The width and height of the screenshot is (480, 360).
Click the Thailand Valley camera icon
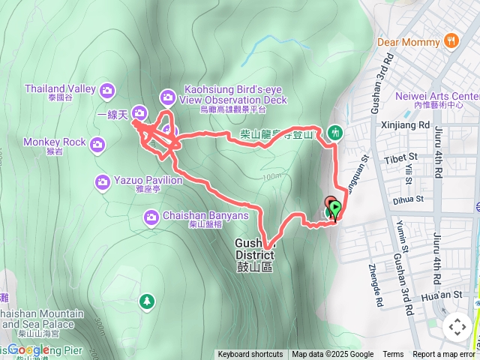point(107,90)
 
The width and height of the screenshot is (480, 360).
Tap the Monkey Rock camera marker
point(97,143)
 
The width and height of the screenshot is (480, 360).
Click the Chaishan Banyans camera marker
point(151,217)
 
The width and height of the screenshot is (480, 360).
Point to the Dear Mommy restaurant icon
point(451,40)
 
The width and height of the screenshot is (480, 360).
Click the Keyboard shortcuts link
point(250,355)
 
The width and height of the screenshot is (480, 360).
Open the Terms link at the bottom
point(393,355)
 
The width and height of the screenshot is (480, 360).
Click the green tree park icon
point(146,301)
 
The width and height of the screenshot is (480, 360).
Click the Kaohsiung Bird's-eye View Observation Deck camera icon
point(167,96)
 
